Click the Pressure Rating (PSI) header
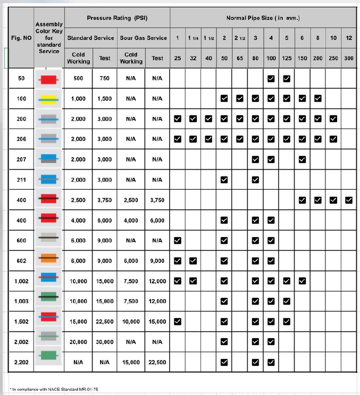117,18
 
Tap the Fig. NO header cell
21,38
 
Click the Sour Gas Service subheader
144,38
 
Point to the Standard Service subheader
90,38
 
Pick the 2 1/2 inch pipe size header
240,38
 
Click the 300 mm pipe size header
348,58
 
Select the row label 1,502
21,322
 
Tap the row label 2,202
21,362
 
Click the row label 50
21,78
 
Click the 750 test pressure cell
105,78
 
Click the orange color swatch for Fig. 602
49,260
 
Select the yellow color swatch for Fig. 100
49,99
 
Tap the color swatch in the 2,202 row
49,362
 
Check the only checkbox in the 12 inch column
349,200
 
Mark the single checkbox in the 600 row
178,240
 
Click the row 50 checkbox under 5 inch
287,79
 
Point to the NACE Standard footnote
54,389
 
